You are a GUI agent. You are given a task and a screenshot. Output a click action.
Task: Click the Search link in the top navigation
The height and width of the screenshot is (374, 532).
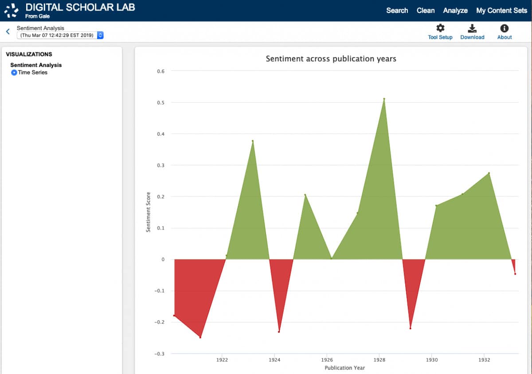tap(397, 11)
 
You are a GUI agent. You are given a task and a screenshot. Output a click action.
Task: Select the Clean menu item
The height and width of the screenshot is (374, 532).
tap(426, 11)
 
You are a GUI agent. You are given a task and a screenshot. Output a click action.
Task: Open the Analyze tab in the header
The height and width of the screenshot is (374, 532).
tap(455, 11)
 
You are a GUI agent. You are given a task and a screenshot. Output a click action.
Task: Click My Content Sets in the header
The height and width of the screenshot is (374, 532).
tap(501, 11)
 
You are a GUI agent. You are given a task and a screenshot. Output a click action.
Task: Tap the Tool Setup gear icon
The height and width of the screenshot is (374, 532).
tap(440, 28)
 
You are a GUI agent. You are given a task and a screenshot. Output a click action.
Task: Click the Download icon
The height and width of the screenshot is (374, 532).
tap(472, 28)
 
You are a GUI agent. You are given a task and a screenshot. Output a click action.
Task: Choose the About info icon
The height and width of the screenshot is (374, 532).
tap(504, 28)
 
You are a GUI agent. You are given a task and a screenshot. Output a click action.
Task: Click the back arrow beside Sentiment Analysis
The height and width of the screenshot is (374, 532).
tap(8, 31)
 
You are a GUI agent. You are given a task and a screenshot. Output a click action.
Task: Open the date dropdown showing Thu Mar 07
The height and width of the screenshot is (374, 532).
tap(60, 35)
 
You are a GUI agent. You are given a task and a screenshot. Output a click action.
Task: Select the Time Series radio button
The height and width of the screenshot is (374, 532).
tap(14, 73)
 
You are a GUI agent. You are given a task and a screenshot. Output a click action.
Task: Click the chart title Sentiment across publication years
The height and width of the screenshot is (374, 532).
tap(331, 58)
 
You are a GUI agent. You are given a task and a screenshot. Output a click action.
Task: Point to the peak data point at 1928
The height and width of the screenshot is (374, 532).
tap(384, 99)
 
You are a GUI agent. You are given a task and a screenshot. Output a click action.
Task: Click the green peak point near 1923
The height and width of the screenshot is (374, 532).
tap(253, 141)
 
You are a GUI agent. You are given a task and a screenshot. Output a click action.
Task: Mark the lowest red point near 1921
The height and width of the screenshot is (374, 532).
tap(200, 337)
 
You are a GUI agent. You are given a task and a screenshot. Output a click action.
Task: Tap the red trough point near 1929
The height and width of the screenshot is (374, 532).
tap(411, 328)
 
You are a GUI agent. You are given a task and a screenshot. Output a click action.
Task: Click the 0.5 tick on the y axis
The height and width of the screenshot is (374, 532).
tap(161, 103)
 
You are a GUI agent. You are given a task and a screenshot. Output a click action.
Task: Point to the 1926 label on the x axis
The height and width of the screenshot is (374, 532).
tap(327, 360)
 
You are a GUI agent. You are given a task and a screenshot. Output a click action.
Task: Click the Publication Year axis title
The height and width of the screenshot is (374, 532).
tap(344, 368)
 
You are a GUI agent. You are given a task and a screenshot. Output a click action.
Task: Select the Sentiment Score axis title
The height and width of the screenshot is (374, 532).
tap(149, 212)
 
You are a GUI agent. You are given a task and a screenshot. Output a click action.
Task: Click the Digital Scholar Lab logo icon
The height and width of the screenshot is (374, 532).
tap(12, 11)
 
